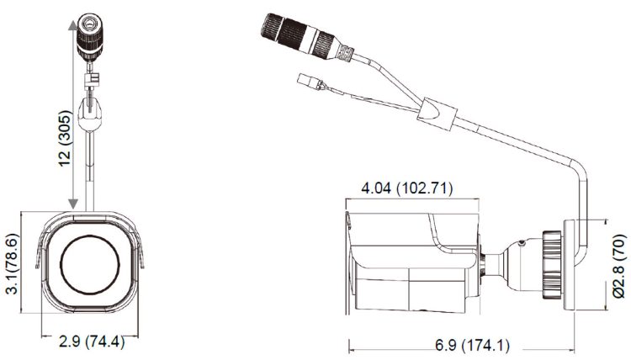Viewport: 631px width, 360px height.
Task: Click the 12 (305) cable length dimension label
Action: click(x=66, y=138)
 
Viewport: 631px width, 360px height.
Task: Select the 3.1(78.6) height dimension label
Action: click(x=13, y=264)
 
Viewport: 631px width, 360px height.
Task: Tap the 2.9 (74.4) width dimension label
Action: click(x=92, y=341)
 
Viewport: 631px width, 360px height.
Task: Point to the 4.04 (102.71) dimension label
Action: click(x=407, y=188)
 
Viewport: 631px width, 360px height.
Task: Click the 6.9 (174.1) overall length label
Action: click(x=473, y=345)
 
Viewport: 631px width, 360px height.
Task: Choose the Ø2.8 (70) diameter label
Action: click(x=619, y=266)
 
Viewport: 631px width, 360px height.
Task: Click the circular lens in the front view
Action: click(x=90, y=265)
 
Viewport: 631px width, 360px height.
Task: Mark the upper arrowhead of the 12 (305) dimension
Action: click(x=73, y=25)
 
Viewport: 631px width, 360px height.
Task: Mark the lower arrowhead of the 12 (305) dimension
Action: click(x=73, y=204)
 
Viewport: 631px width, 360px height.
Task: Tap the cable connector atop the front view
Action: click(x=90, y=37)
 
